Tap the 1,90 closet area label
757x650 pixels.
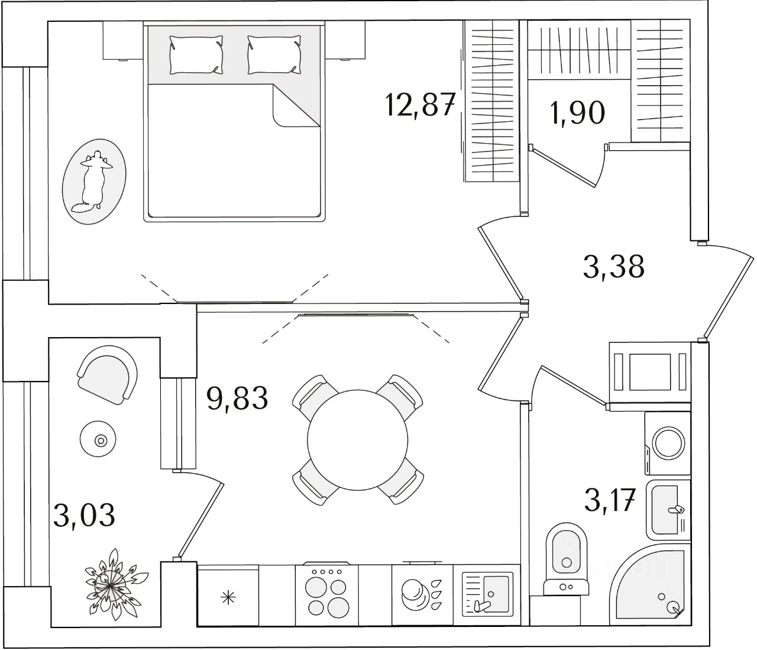click(x=577, y=112)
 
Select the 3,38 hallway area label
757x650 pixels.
click(x=613, y=267)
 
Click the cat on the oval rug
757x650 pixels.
click(x=94, y=182)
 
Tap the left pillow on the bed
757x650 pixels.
click(x=196, y=54)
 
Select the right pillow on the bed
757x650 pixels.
click(x=274, y=54)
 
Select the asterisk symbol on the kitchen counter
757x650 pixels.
click(x=228, y=597)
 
